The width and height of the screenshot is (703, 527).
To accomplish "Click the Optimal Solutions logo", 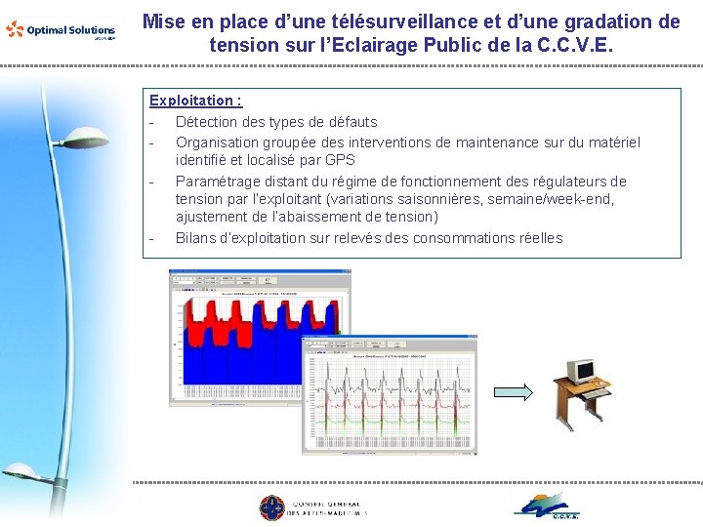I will pos(61,30).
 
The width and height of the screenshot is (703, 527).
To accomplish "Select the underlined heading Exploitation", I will pos(195,101).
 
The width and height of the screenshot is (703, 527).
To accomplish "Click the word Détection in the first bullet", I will pos(207,122).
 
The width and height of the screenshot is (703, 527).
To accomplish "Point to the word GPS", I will pos(340,160).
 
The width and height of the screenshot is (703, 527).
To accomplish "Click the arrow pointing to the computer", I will pos(513,392).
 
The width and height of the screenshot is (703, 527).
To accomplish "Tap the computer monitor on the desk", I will pos(580,371).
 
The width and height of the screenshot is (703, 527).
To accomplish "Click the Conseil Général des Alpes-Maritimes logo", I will pos(312,507).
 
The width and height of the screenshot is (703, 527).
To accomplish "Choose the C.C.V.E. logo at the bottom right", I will pos(548,506).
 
